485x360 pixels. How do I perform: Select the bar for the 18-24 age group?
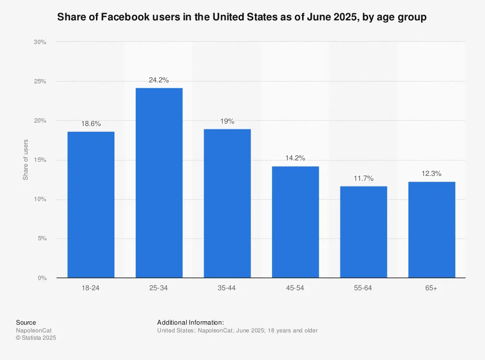(x=91, y=204)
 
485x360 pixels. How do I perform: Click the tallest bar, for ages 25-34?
(x=159, y=183)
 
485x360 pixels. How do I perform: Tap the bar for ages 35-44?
(x=227, y=203)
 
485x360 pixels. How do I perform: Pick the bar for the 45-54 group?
(x=295, y=222)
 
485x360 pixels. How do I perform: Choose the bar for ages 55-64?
(x=363, y=232)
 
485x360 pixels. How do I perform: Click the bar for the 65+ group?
(x=432, y=230)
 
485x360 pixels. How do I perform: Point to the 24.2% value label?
(x=159, y=80)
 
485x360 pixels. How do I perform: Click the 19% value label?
(x=227, y=121)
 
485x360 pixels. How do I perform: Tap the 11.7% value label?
(x=363, y=178)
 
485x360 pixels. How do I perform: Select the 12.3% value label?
(x=432, y=173)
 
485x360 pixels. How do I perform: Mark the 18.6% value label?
(x=91, y=124)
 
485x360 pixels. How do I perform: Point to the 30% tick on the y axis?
(x=40, y=42)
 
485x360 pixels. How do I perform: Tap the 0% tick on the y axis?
(x=41, y=278)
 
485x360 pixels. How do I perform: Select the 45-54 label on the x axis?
(x=295, y=288)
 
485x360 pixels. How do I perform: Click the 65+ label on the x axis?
(x=432, y=288)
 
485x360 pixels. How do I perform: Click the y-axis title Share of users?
(x=26, y=159)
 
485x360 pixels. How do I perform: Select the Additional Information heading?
(x=191, y=322)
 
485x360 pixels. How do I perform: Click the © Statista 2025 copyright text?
(x=36, y=338)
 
